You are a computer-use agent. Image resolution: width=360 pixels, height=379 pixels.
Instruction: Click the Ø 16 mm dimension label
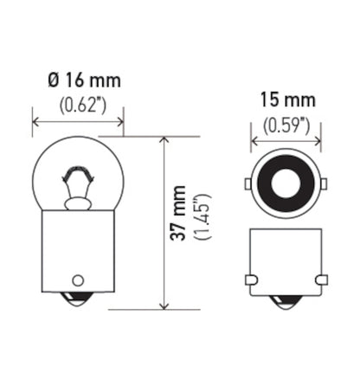coord(85,81)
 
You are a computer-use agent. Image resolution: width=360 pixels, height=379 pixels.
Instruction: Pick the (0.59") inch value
coord(285,125)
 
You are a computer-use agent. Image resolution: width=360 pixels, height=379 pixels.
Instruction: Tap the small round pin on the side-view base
coord(79,279)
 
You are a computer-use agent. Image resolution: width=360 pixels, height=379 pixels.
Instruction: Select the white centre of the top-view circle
coord(285,183)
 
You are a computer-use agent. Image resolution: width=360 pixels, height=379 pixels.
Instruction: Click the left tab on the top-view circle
coord(248,183)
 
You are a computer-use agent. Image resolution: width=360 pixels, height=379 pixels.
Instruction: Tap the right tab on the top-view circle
coord(322,183)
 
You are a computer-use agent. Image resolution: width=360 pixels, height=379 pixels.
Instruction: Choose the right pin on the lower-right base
coord(322,279)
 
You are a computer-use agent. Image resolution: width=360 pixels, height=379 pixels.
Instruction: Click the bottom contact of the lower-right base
coord(286,302)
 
